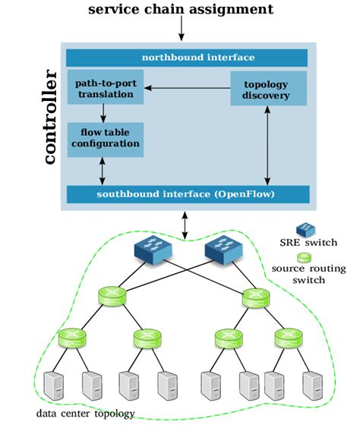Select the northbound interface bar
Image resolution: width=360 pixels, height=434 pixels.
186,58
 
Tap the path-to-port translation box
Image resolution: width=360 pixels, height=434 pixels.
105,89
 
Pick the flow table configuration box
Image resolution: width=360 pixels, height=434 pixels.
105,140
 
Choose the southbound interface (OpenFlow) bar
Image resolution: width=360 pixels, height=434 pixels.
186,193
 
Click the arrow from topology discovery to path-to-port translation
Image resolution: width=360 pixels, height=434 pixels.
187,89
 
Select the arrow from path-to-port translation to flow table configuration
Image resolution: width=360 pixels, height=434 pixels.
104,113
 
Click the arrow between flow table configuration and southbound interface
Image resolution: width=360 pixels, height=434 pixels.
104,171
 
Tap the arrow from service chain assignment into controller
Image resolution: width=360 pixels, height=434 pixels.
181,29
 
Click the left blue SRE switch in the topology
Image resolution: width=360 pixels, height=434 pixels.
155,250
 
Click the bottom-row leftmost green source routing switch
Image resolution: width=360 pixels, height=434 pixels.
72,335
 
